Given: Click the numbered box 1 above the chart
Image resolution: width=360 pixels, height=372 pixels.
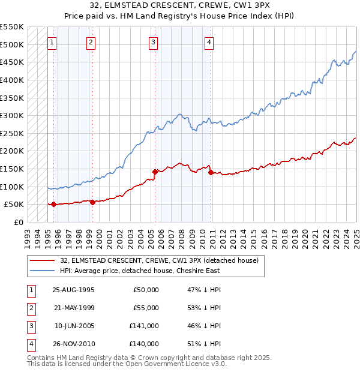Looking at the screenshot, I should point(53,42).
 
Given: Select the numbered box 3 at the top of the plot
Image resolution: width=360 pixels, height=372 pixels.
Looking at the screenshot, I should point(154,42).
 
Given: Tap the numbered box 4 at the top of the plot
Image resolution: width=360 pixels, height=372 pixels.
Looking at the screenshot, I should point(209,42).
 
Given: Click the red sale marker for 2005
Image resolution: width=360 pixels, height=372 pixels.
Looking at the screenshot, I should point(155,172).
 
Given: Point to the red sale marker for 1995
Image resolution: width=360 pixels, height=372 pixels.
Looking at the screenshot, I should point(54,205).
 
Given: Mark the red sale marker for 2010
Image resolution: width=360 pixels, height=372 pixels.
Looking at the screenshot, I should point(211,173).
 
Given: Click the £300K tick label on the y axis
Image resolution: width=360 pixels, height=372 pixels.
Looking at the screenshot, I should point(12,115).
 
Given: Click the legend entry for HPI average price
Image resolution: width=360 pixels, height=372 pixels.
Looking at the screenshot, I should point(140,271).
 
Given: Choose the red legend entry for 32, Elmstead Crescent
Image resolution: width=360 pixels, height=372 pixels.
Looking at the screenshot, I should point(159,260).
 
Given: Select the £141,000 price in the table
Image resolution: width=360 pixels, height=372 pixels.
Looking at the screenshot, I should point(146,326).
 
